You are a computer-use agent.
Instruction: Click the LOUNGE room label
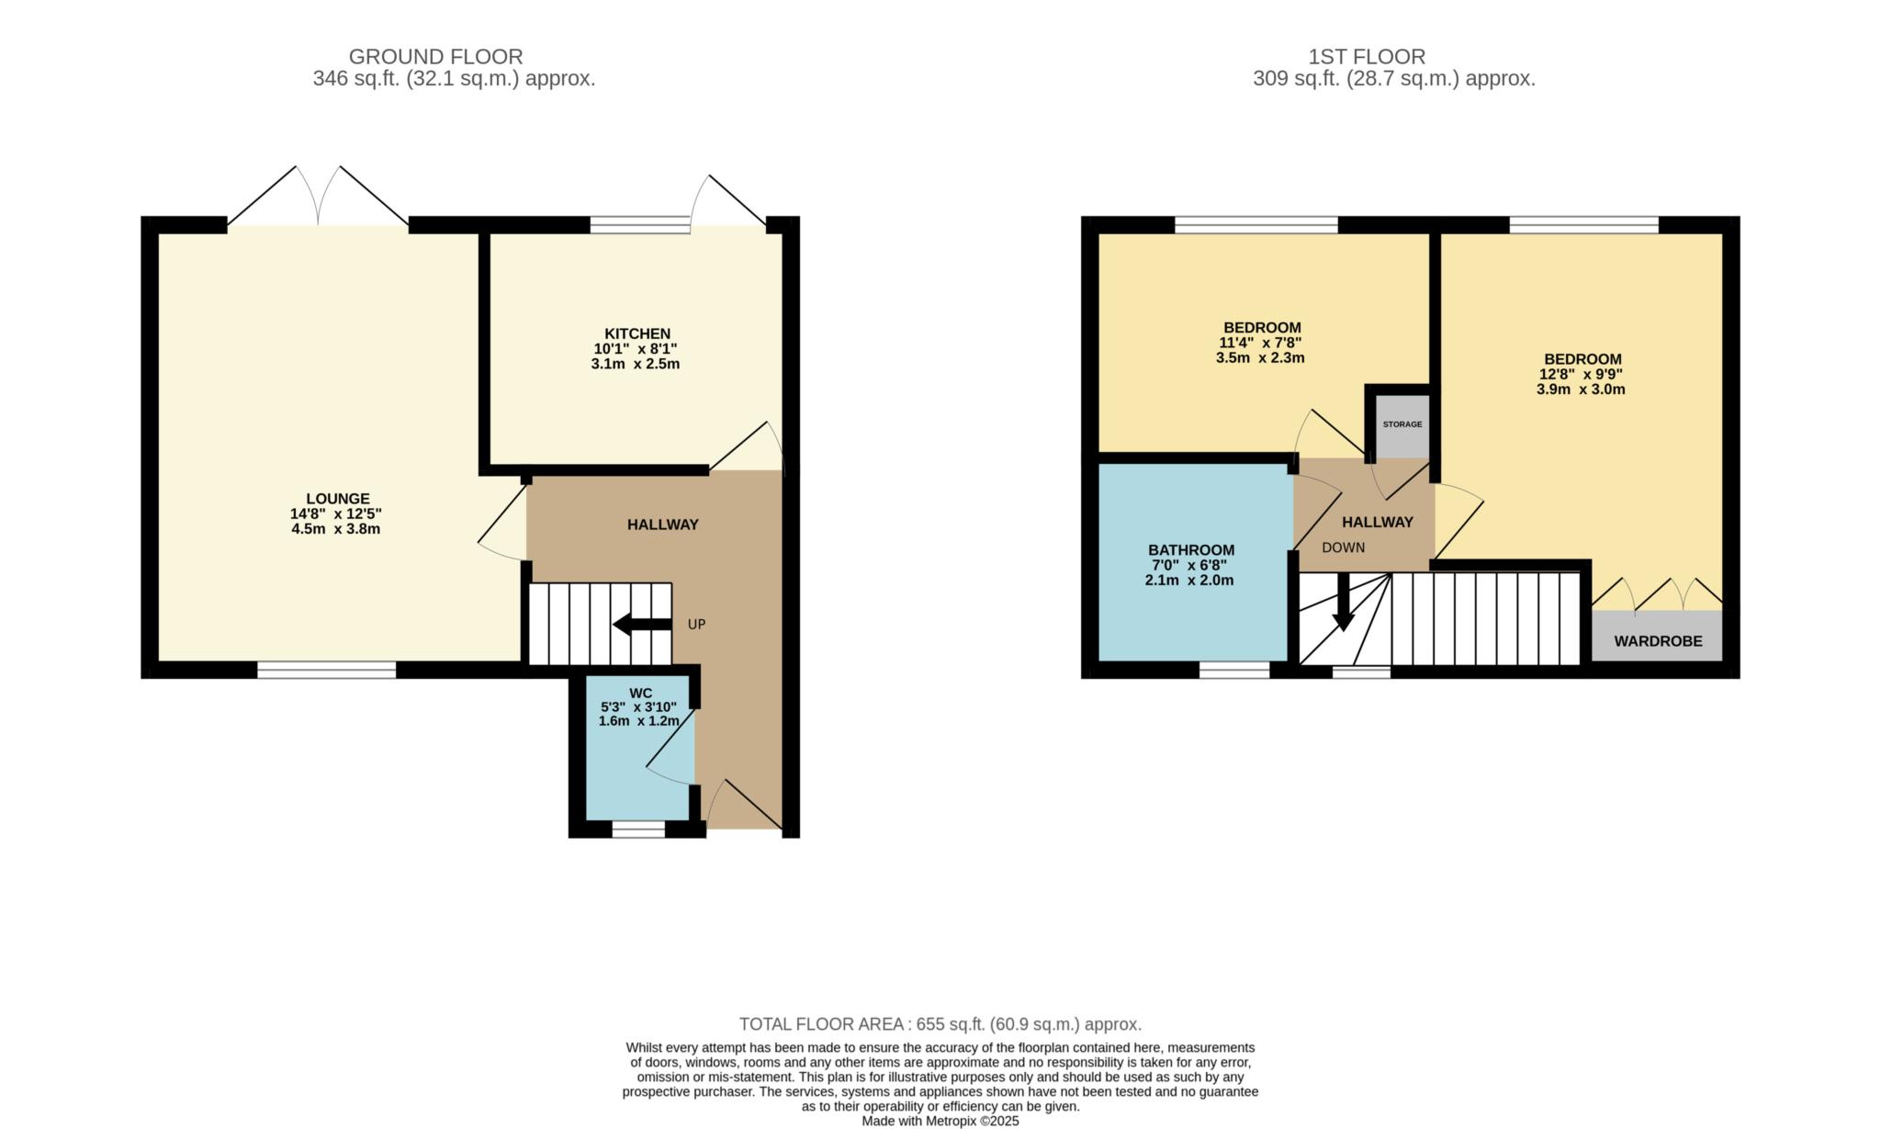[x=337, y=499]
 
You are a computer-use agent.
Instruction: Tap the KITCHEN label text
[x=636, y=333]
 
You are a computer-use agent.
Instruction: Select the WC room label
[x=640, y=693]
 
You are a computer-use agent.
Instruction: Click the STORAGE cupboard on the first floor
[x=1402, y=424]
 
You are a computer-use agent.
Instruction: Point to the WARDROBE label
[x=1658, y=641]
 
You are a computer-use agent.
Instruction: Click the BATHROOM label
[x=1190, y=550]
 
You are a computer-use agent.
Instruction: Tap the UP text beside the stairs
[x=696, y=625]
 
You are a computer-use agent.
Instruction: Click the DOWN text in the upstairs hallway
[x=1343, y=548]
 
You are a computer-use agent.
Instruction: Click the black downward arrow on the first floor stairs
[x=1343, y=606]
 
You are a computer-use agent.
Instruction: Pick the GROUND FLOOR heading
[x=435, y=57]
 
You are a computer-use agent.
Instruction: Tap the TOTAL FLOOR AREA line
[x=940, y=1024]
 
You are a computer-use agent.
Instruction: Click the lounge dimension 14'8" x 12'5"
[x=335, y=514]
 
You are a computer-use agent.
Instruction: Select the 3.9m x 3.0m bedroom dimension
[x=1581, y=390]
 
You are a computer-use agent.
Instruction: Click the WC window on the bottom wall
[x=638, y=830]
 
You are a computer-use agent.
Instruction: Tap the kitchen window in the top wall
[x=639, y=224]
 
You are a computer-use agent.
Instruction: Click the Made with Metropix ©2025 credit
[x=940, y=1122]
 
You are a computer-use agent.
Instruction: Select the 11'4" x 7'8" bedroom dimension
[x=1260, y=343]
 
